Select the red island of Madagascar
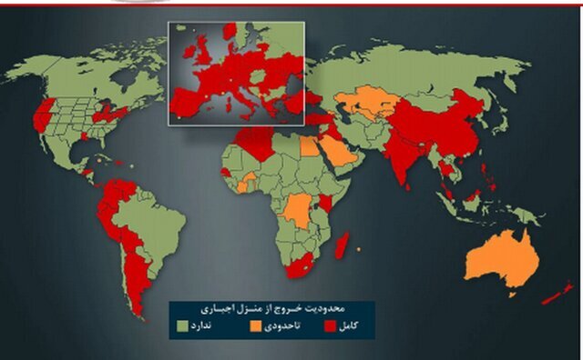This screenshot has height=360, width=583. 342,244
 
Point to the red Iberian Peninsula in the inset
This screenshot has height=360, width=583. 184,101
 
